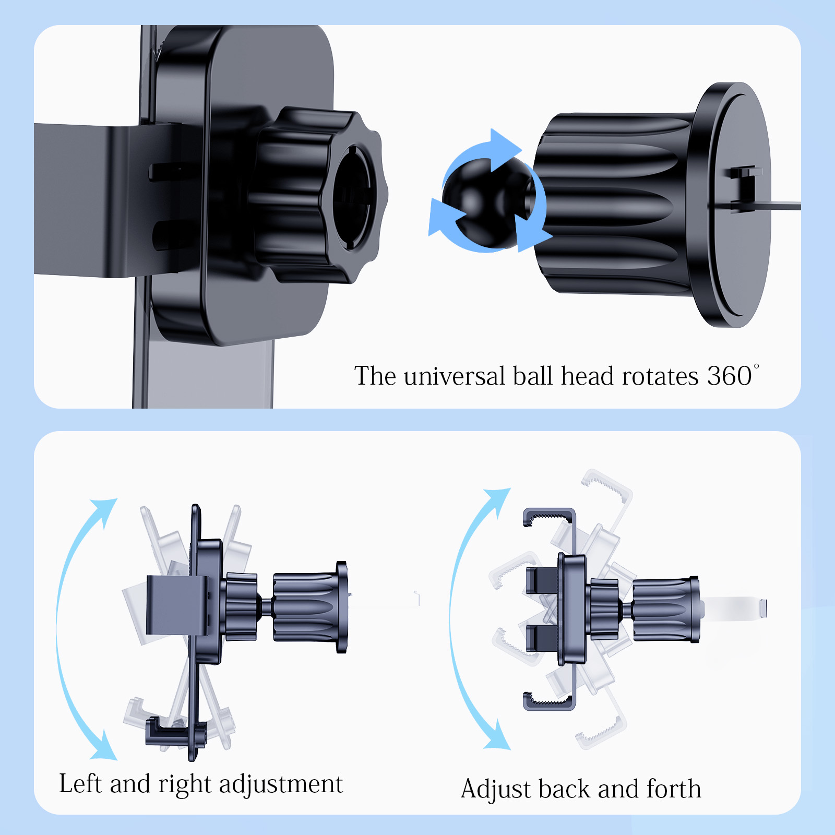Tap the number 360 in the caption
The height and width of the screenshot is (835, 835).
point(729,376)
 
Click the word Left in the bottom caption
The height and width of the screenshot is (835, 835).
point(80,783)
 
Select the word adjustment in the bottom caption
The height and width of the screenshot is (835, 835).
point(281,784)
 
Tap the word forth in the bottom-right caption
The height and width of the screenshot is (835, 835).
point(674,789)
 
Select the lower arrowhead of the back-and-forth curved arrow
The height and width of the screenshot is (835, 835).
point(496,736)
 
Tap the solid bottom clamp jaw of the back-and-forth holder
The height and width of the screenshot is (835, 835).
point(550,700)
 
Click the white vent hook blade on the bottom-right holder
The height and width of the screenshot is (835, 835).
point(736,609)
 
